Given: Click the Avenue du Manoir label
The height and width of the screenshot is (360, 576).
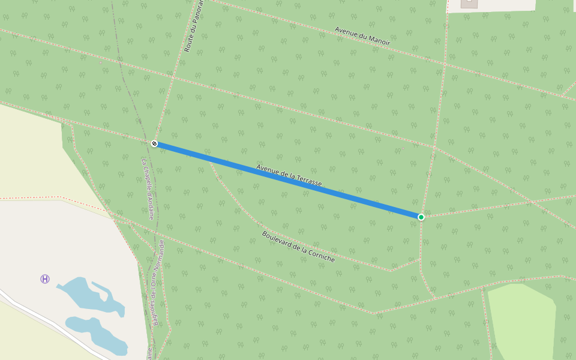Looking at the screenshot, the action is (x=362, y=36).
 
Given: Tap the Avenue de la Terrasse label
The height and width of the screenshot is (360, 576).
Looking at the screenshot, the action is (x=289, y=175).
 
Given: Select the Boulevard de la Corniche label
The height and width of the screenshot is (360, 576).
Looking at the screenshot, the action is (x=298, y=247).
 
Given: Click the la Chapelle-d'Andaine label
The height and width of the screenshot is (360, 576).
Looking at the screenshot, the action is (x=148, y=188).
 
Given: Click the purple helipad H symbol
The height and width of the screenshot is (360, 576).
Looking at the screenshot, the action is (x=45, y=279).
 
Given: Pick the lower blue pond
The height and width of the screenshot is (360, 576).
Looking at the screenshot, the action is (x=96, y=332).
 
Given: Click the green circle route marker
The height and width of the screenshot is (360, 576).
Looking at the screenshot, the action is (x=421, y=217).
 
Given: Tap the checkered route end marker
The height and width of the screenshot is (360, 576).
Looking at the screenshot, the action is (x=154, y=143).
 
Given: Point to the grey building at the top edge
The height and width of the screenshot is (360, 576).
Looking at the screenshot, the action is (x=469, y=4).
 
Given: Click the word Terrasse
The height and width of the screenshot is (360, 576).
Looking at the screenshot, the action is (x=307, y=179).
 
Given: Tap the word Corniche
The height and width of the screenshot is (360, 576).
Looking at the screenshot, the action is (x=320, y=254).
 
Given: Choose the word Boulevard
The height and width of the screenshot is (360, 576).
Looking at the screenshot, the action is (x=278, y=239).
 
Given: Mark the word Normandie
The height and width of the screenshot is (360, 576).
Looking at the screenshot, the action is (x=160, y=255).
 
